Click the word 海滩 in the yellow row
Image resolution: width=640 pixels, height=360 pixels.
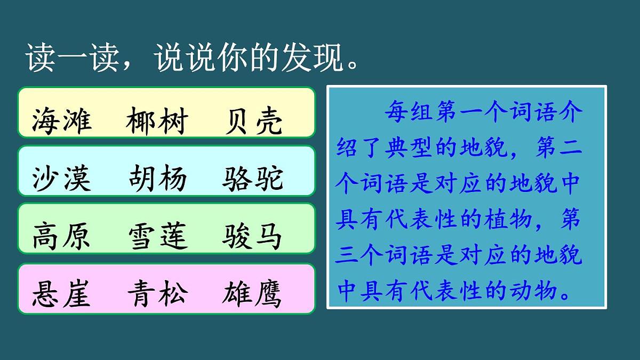[62, 122]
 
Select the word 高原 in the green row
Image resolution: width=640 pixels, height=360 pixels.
[62, 237]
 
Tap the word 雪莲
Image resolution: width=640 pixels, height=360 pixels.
[157, 237]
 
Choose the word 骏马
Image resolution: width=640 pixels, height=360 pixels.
[252, 237]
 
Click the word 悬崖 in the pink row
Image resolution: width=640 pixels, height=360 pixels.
[62, 294]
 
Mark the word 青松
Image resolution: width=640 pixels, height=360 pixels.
[157, 294]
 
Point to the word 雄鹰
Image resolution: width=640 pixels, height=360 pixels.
[252, 294]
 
